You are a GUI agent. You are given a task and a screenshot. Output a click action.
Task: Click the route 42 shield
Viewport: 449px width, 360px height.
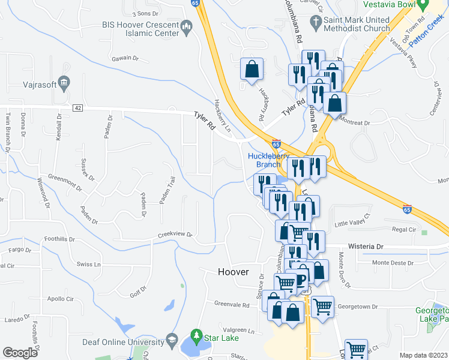pyautogui.click(x=77, y=107)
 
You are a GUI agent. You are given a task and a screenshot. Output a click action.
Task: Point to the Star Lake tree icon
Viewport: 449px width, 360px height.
pyautogui.click(x=195, y=334)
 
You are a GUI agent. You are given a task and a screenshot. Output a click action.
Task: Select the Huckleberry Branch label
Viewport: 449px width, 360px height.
pyautogui.click(x=265, y=160)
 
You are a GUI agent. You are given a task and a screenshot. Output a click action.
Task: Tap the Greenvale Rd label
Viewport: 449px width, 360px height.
pyautogui.click(x=232, y=305)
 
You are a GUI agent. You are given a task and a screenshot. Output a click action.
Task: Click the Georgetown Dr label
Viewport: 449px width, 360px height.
pyautogui.click(x=358, y=306)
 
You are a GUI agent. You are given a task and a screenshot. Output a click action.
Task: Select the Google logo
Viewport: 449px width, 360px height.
pyautogui.click(x=20, y=353)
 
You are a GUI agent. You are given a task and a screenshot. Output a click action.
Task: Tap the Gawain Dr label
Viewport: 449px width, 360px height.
pyautogui.click(x=125, y=58)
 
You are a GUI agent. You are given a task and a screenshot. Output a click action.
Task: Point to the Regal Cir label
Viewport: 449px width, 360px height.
pyautogui.click(x=404, y=229)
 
